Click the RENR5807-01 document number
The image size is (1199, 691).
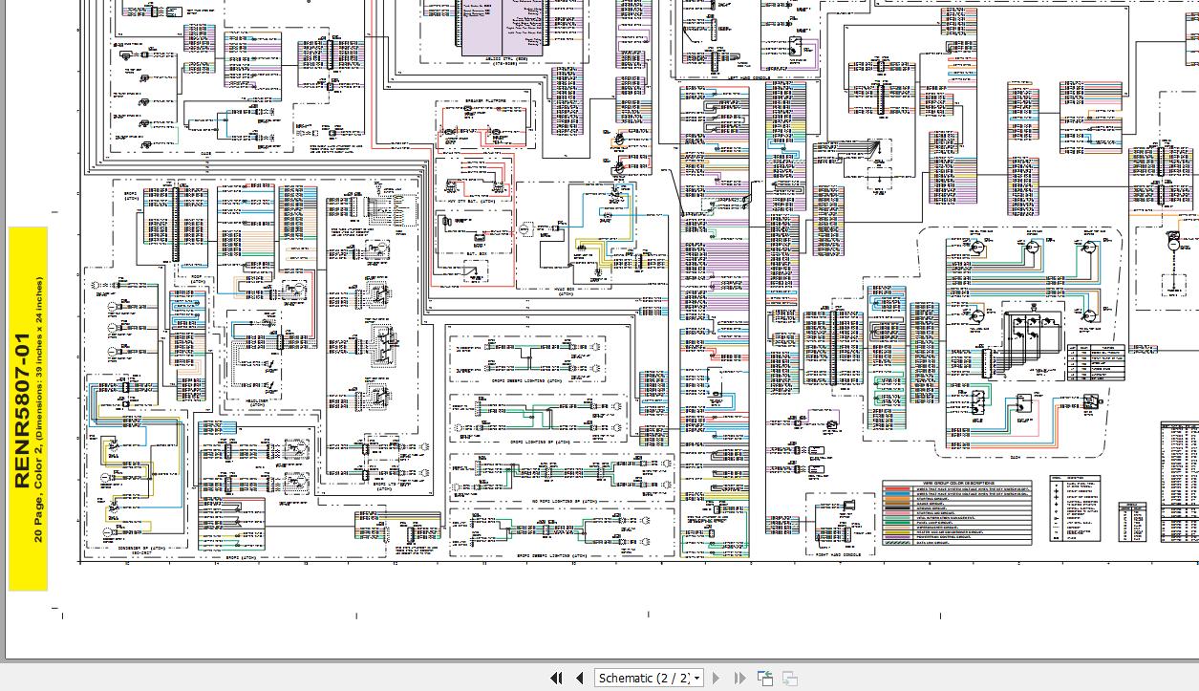coord(22,410)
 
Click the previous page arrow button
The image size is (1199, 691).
coord(579,678)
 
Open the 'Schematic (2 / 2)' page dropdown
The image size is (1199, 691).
coord(697,678)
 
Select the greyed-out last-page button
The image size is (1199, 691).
coord(739,678)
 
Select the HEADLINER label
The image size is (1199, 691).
coord(257,405)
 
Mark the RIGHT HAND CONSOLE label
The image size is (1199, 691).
coord(838,553)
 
